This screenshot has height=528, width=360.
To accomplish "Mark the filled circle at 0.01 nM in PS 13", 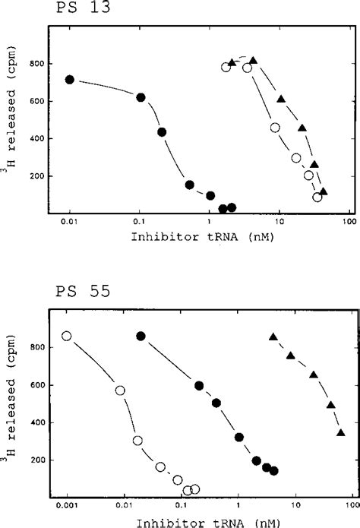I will tap(70, 80).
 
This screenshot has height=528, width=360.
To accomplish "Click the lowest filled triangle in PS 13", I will tap(324, 192).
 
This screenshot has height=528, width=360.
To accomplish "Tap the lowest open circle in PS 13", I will tap(317, 198).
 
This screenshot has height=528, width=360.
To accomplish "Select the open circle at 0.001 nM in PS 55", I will tap(67, 336).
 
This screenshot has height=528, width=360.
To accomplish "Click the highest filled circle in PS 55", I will tap(141, 336).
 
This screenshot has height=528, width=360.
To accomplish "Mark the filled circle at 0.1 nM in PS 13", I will tap(140, 97).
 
